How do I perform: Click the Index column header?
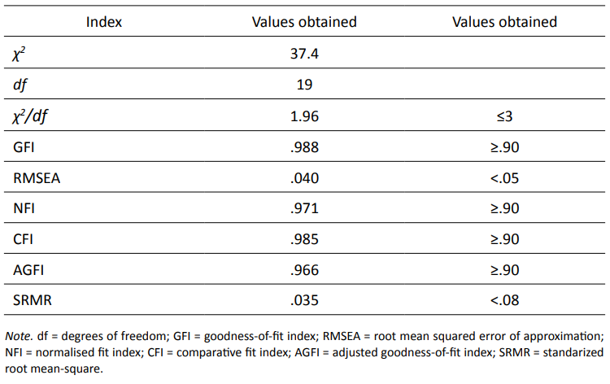(x=104, y=22)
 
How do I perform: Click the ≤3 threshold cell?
(x=504, y=116)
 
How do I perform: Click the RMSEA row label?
(x=34, y=177)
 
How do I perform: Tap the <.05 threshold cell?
(x=504, y=177)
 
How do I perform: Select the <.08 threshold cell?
(x=504, y=301)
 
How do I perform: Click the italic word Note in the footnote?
(x=18, y=336)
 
